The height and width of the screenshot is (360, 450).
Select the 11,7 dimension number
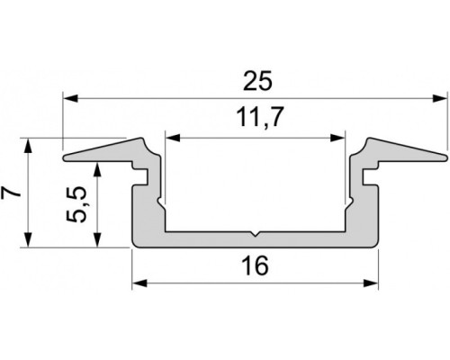tap(256, 119)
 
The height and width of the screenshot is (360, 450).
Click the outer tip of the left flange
tap(66, 158)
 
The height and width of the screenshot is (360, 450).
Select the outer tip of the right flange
tap(445, 158)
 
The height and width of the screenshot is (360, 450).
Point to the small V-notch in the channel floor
tap(256, 237)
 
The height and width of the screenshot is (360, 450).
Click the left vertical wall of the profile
tap(139, 211)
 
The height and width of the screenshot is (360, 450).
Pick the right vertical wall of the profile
tap(372, 211)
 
